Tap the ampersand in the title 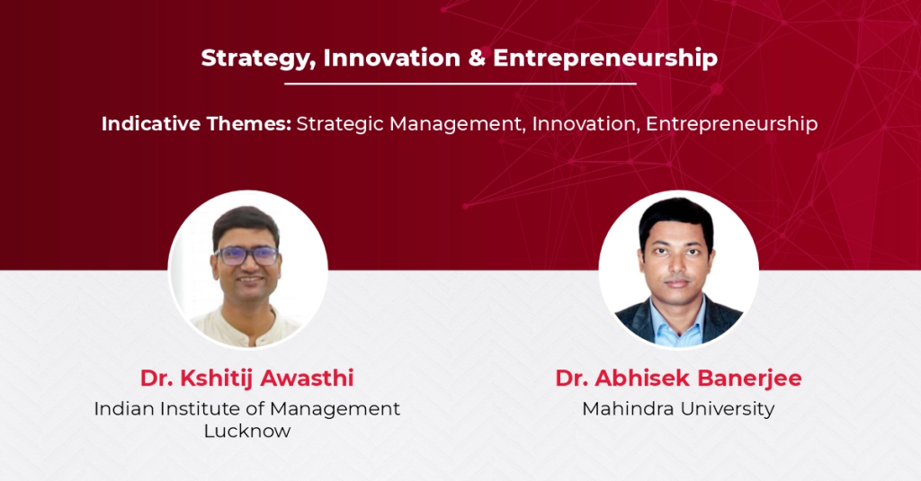(x=477, y=58)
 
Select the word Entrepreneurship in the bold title (x=605, y=58)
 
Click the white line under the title (x=460, y=84)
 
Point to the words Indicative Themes (x=196, y=124)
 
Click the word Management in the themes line (x=458, y=124)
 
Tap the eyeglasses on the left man (x=246, y=255)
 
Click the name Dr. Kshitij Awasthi (x=246, y=379)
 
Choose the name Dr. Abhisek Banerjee (x=678, y=379)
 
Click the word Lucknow (x=247, y=431)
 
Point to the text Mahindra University (x=678, y=409)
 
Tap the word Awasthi (x=307, y=379)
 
